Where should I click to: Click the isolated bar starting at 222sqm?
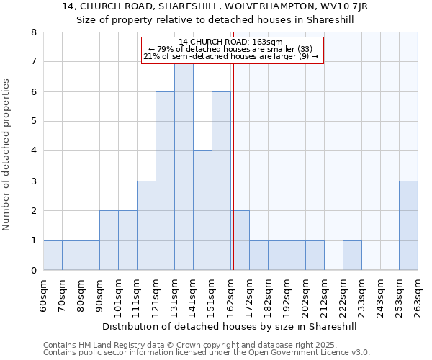[352, 256]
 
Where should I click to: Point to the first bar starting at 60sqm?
[53, 256]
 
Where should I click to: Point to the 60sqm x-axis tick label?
[43, 294]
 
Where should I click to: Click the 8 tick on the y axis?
[33, 32]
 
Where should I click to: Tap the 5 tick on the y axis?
[33, 122]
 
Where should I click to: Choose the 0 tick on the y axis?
[33, 271]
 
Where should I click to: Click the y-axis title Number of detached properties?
[7, 155]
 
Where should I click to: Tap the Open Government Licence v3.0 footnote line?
[207, 353]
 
